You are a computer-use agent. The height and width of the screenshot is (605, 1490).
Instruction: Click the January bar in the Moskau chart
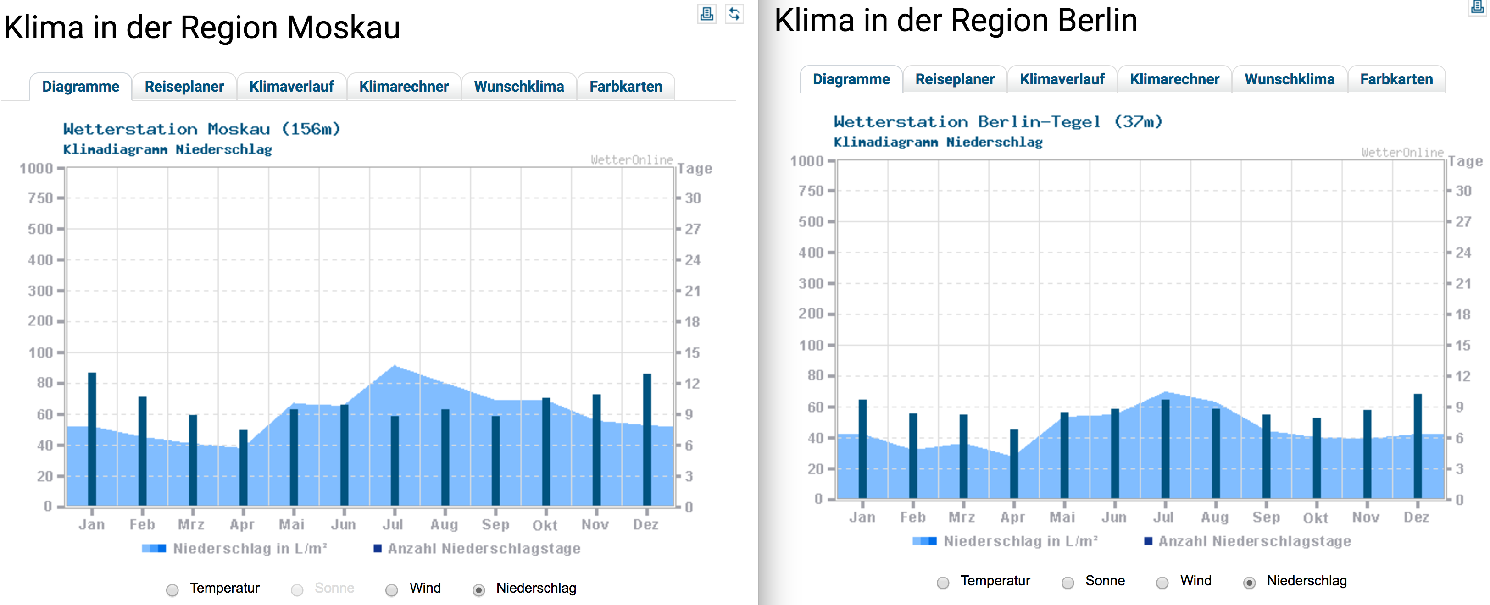coord(92,439)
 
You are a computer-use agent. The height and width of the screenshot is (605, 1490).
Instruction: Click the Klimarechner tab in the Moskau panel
coord(404,87)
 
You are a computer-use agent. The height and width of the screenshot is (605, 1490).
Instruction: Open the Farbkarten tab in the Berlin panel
coord(1396,79)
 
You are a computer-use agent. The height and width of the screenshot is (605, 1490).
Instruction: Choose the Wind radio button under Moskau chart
coord(392,589)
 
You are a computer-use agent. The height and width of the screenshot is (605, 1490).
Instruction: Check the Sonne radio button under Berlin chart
coord(1068,582)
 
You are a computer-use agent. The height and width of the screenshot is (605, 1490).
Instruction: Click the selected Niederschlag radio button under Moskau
coord(478,589)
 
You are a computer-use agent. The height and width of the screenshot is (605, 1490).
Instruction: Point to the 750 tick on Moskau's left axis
coord(40,198)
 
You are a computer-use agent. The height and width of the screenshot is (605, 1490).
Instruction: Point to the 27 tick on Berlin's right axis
coord(1463,222)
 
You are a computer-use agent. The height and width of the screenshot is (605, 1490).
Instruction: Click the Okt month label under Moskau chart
coord(545,525)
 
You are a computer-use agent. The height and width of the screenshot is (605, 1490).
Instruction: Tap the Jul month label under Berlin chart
coord(1163,517)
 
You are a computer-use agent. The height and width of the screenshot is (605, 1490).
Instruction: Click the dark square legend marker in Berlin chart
coord(1148,541)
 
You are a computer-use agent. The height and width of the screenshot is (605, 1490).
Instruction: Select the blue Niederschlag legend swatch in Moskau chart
coord(154,548)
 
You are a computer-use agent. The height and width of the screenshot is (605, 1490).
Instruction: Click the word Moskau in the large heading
coord(344,28)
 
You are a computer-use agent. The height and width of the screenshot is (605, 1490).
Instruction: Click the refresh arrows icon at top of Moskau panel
coord(734,14)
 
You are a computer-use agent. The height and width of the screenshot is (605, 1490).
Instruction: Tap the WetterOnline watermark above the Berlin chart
coord(1402,153)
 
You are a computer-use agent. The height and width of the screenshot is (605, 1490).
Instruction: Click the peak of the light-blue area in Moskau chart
coord(395,366)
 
